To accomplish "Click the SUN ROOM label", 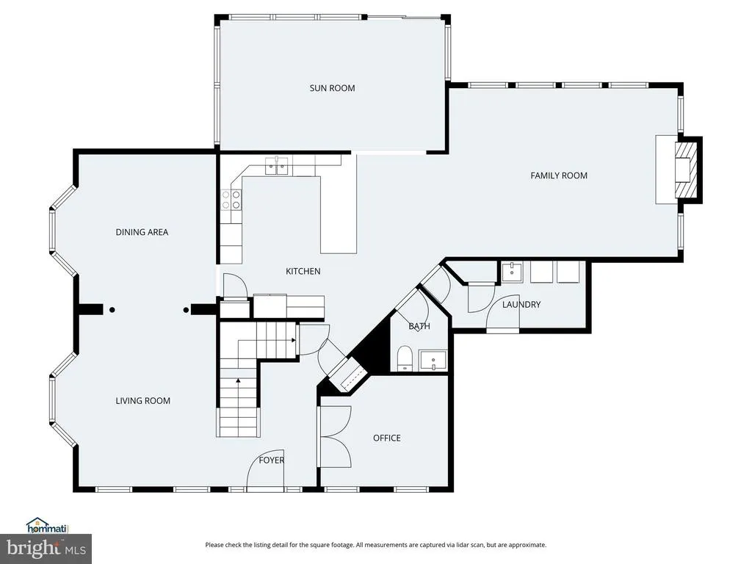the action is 333,88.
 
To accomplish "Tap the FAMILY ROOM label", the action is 559,176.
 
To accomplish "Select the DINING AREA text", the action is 142,232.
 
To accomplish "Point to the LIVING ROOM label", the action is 143,401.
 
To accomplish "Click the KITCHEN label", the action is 303,272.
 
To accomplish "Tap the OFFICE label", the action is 387,438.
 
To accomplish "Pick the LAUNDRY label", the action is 521,305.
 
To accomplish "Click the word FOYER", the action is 272,460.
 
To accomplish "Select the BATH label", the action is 419,326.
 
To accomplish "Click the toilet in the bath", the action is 405,358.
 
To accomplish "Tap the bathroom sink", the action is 433,361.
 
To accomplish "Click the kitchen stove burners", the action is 231,200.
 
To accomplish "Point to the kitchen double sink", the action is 278,165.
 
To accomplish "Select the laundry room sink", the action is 513,272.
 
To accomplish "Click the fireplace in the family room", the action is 685,170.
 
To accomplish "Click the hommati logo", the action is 47,526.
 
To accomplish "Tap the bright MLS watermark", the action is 46,549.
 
